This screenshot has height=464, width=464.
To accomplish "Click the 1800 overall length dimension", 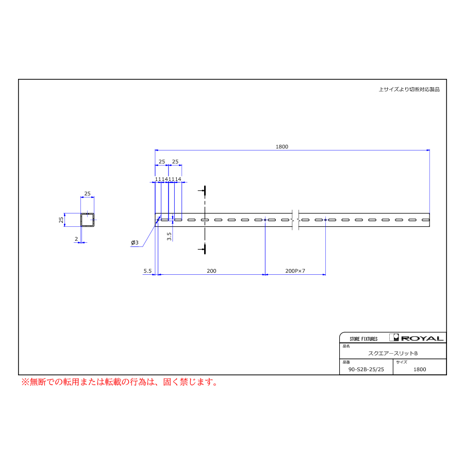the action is tap(281, 146).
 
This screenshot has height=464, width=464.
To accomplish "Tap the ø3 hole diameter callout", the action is tap(135, 242).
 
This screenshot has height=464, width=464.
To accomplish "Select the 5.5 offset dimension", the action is tap(147, 271).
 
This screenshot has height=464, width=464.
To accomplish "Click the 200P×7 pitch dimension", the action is tap(295, 271).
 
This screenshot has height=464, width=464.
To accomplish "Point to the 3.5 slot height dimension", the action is tap(169, 236).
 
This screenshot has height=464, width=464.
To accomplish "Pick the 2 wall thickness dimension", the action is tap(76, 239).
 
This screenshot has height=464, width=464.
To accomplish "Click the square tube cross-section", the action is tap(87, 220).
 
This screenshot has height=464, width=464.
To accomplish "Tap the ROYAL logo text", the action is tap(422, 338).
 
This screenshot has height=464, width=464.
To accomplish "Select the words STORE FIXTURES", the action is tap(363, 339).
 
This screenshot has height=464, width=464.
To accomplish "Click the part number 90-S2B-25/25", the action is tap(366, 369).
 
